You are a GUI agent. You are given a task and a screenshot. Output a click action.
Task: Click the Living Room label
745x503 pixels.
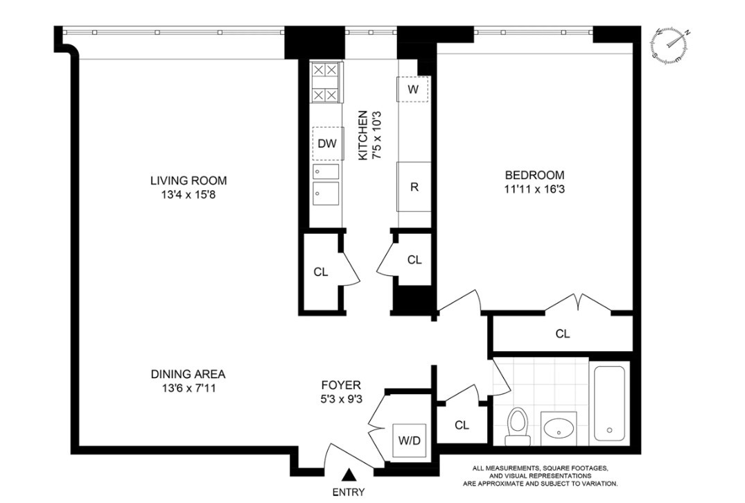click(189, 181)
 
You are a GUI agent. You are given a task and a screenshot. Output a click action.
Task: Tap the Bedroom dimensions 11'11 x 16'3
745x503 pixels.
click(534, 189)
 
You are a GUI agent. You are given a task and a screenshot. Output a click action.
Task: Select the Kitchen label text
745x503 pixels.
click(362, 135)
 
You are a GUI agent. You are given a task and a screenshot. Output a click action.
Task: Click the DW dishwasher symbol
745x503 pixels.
click(327, 144)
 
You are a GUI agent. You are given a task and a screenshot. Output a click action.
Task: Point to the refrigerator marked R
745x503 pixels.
click(413, 187)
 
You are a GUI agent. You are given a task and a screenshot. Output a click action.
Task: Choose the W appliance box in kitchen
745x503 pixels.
click(412, 89)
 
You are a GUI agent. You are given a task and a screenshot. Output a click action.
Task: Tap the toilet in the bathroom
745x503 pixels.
click(516, 427)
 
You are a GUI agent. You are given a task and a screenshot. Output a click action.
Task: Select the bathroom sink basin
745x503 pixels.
click(559, 429)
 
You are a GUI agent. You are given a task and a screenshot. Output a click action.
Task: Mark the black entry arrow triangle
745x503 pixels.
click(350, 475)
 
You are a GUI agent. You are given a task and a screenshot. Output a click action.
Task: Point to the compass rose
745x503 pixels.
click(671, 46)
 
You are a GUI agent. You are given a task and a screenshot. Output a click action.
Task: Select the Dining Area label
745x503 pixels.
click(188, 374)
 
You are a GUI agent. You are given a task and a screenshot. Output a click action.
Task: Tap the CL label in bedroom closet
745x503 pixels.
click(562, 334)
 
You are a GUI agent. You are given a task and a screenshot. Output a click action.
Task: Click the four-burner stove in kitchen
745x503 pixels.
click(326, 82)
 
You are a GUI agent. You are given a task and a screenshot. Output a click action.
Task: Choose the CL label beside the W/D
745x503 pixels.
click(462, 425)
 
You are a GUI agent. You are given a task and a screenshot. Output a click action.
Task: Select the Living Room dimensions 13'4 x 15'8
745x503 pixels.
click(189, 196)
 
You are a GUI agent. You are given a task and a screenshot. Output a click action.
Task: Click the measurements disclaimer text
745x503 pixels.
click(544, 475)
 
